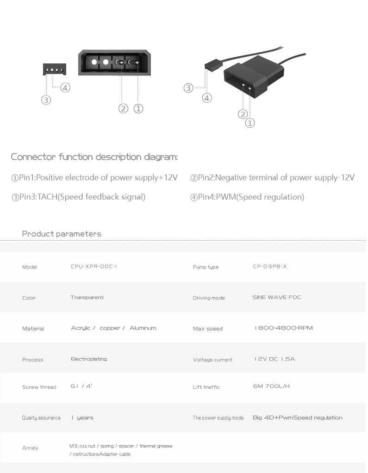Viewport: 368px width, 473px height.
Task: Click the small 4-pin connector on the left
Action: [55, 69]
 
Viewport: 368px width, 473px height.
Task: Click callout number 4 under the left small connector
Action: [65, 88]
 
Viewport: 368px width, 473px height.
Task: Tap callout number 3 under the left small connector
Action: [46, 100]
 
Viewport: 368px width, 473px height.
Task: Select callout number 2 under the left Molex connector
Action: [123, 109]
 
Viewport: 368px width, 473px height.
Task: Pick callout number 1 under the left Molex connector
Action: [138, 109]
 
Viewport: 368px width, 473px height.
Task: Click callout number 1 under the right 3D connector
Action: [250, 123]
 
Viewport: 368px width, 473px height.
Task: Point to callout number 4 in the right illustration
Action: [207, 98]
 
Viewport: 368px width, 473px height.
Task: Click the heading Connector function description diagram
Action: [94, 157]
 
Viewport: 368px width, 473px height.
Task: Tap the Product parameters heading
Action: [62, 234]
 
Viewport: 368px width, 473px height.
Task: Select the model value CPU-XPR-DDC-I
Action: [94, 267]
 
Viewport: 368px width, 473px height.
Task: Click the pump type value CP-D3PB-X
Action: [270, 267]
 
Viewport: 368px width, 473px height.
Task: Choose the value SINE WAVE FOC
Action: [277, 297]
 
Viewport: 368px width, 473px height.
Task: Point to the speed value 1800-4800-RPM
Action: [284, 328]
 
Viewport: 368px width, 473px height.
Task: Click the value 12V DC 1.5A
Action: [274, 359]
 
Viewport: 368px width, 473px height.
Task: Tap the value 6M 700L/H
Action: [271, 386]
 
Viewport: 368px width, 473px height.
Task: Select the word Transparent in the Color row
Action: [87, 297]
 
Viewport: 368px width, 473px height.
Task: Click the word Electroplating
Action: [89, 359]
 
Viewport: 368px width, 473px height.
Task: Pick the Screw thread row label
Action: [39, 387]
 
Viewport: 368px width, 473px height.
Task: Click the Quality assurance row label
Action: [41, 418]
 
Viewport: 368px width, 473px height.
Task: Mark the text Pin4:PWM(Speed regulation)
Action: [247, 197]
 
